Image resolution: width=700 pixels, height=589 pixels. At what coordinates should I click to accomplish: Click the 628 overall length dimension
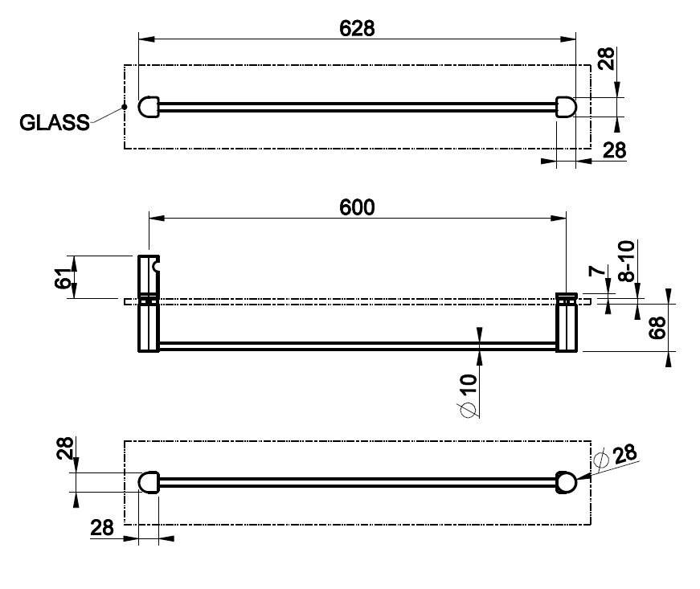(357, 28)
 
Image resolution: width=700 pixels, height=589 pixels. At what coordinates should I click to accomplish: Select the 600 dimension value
(357, 207)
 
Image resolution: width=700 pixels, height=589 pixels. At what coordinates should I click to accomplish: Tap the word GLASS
(55, 122)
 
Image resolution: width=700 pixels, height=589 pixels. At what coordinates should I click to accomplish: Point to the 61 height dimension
(63, 276)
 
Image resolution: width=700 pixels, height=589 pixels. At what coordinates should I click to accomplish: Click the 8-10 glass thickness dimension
(626, 261)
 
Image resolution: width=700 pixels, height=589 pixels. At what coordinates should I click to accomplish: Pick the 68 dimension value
(657, 328)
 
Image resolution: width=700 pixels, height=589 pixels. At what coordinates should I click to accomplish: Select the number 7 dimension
(597, 271)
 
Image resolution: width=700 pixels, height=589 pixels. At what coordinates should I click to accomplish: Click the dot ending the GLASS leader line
(125, 107)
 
